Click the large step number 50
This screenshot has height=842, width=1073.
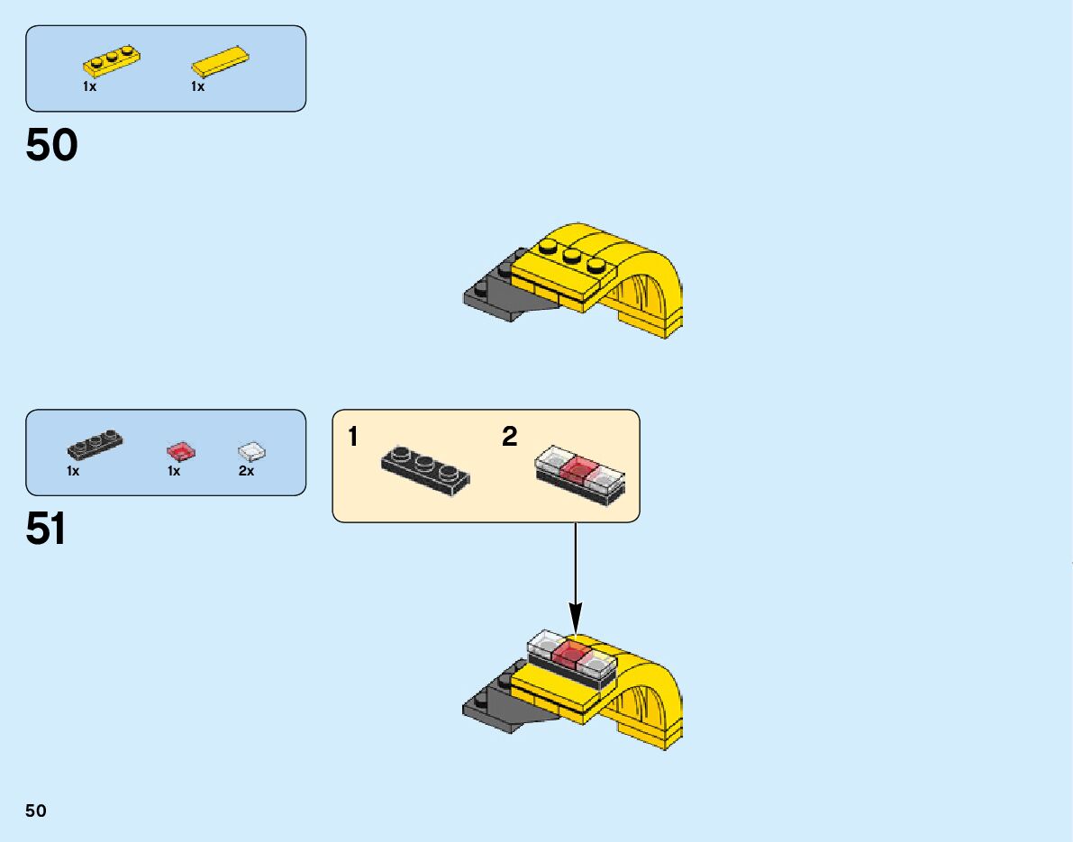(52, 145)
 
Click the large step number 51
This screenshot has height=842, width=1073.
(46, 529)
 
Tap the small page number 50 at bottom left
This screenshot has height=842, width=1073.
(36, 810)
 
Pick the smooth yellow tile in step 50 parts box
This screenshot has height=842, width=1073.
(220, 60)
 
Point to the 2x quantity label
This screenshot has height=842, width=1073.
(246, 471)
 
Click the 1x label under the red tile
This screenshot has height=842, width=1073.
(174, 471)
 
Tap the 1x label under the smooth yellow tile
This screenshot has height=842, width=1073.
(197, 87)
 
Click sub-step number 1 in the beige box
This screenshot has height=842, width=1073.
(353, 438)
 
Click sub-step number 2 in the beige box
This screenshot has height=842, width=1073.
(510, 438)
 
